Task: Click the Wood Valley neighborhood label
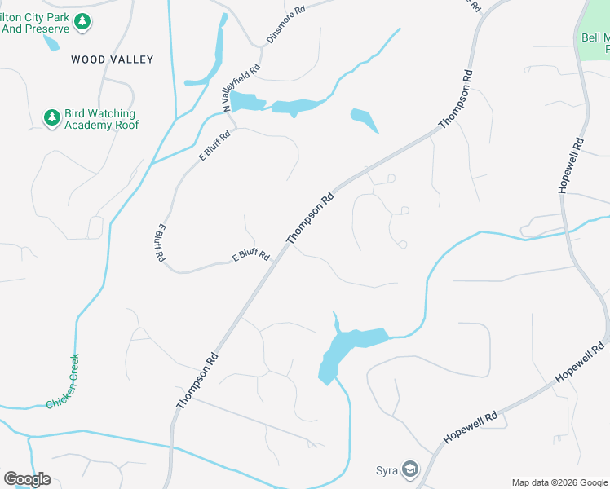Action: (x=112, y=59)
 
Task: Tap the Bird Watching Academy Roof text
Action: (x=101, y=120)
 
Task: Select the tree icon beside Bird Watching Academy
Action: (x=52, y=119)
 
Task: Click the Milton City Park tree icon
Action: (x=82, y=21)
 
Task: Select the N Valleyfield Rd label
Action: (x=241, y=87)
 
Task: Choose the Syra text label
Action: (x=387, y=470)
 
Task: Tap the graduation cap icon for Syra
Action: (x=410, y=470)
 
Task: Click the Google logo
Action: (x=27, y=479)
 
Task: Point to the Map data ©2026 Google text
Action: (x=559, y=482)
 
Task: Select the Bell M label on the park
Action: (x=595, y=37)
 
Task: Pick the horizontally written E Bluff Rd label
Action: (x=251, y=256)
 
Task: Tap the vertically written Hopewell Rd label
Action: (x=571, y=164)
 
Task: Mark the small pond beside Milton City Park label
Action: (x=51, y=42)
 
